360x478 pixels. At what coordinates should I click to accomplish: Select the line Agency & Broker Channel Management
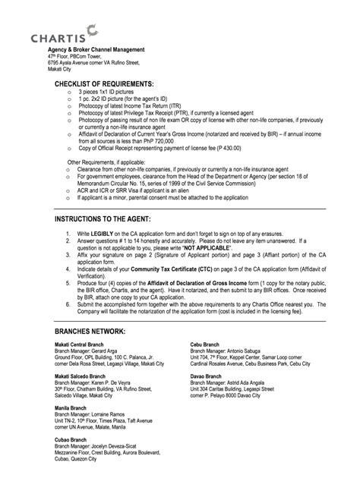click(96, 49)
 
